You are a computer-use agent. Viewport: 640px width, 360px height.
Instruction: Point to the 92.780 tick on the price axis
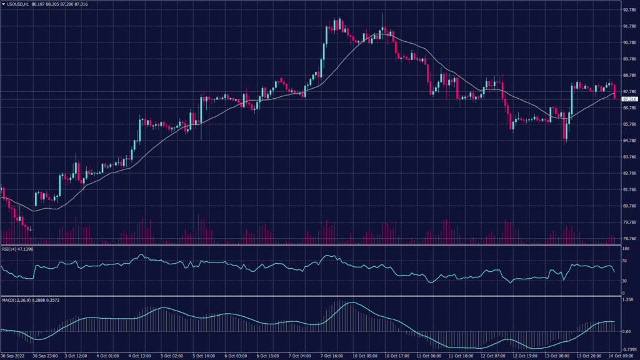(x=629, y=11)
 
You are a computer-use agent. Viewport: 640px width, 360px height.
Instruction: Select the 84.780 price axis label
(x=629, y=141)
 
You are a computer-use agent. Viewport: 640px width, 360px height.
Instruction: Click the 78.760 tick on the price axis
(x=629, y=238)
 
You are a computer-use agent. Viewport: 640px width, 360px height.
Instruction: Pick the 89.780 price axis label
(x=629, y=59)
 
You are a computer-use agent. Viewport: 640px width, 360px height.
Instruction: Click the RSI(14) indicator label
(x=10, y=249)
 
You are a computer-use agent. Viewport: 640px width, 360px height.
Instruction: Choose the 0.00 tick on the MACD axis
(x=627, y=331)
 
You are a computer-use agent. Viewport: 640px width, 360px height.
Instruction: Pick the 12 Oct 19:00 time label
(x=526, y=356)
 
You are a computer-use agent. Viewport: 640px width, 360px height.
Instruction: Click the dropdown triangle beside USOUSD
(x=3, y=4)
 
